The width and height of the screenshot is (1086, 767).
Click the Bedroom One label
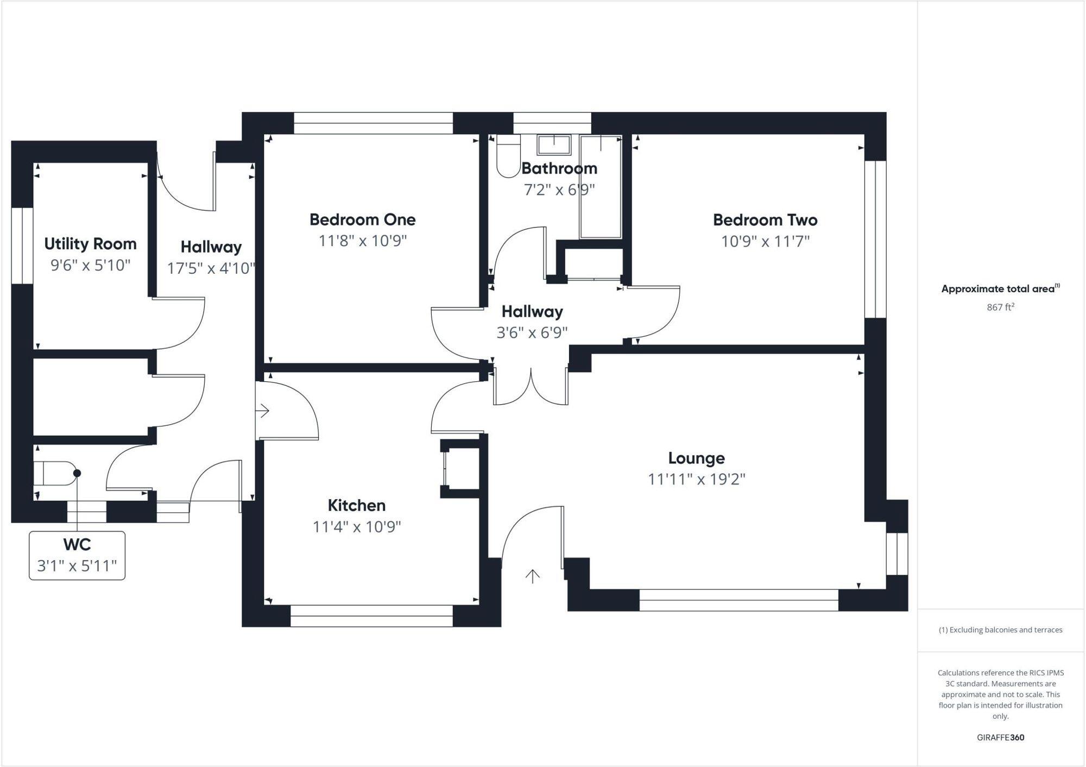point(362,219)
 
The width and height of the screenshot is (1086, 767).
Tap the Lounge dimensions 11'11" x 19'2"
point(696,479)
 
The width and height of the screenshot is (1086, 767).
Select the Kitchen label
point(356,505)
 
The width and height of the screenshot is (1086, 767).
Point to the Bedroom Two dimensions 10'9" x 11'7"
point(765,241)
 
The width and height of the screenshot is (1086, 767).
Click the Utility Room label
point(90,244)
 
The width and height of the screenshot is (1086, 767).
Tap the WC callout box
point(77,555)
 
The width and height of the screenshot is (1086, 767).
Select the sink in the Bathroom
point(554,145)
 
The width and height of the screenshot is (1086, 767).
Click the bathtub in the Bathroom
point(601,187)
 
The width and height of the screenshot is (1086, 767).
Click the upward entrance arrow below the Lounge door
point(532,576)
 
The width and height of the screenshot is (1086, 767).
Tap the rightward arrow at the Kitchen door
point(263,411)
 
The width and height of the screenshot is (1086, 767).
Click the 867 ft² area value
point(1000,307)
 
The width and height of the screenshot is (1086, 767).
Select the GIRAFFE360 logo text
point(1000,737)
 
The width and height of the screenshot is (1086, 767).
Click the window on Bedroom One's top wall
point(373,123)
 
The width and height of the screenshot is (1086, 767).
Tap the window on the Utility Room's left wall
point(22,246)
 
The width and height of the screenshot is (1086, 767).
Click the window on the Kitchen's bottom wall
point(371,616)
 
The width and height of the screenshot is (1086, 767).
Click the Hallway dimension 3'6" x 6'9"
point(532,332)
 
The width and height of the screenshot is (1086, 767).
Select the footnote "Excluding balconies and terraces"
point(1000,630)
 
